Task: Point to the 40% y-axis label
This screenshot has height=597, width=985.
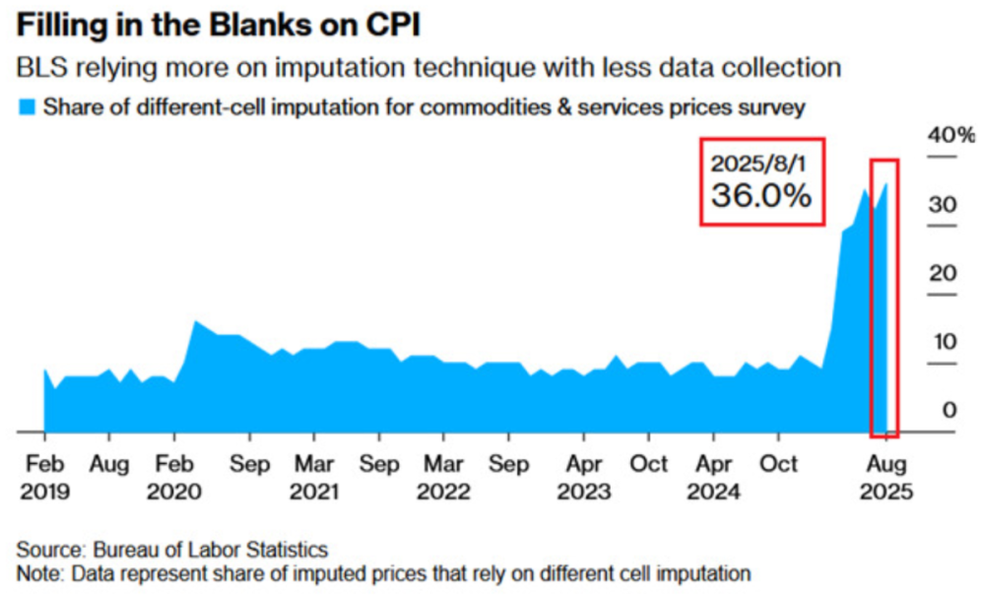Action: tap(951, 135)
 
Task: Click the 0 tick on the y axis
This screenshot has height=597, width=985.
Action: tap(950, 410)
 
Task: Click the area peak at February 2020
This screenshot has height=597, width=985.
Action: tap(195, 322)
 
